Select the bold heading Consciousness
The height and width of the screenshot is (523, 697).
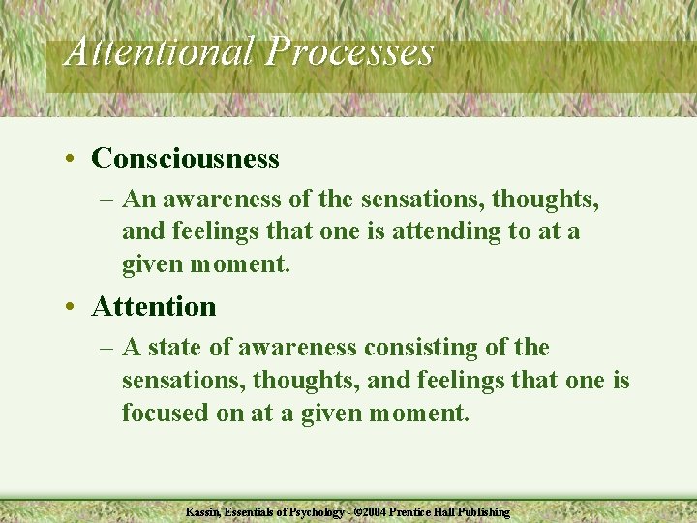pos(185,158)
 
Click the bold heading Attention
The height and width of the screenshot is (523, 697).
pos(153,307)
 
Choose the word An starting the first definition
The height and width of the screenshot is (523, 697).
pos(139,200)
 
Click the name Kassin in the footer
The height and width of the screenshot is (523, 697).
pos(202,511)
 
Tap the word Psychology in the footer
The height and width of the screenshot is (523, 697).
pos(314,511)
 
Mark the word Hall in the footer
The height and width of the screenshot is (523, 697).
pos(445,511)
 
